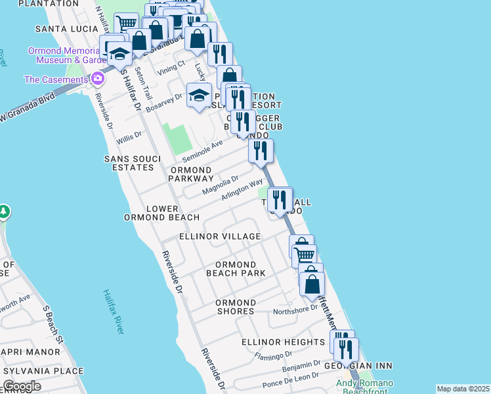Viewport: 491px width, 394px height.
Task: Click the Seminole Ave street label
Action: [x=202, y=151]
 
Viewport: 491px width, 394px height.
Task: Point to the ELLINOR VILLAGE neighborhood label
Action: [x=220, y=236]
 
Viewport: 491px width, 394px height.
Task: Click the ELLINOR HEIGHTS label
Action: [x=283, y=342]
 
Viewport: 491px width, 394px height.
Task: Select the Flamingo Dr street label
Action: [x=270, y=358]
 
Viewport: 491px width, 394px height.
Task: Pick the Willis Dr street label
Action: [x=129, y=137]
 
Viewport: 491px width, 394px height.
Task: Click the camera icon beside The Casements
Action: [x=98, y=79]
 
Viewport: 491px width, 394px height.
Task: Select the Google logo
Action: [x=22, y=386]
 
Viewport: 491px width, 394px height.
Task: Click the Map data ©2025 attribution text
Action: [x=463, y=389]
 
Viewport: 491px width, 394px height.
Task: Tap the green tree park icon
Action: [x=4, y=211]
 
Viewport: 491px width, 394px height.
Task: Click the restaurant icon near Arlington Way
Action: [x=280, y=199]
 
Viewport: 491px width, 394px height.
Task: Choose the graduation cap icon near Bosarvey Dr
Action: [x=199, y=96]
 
